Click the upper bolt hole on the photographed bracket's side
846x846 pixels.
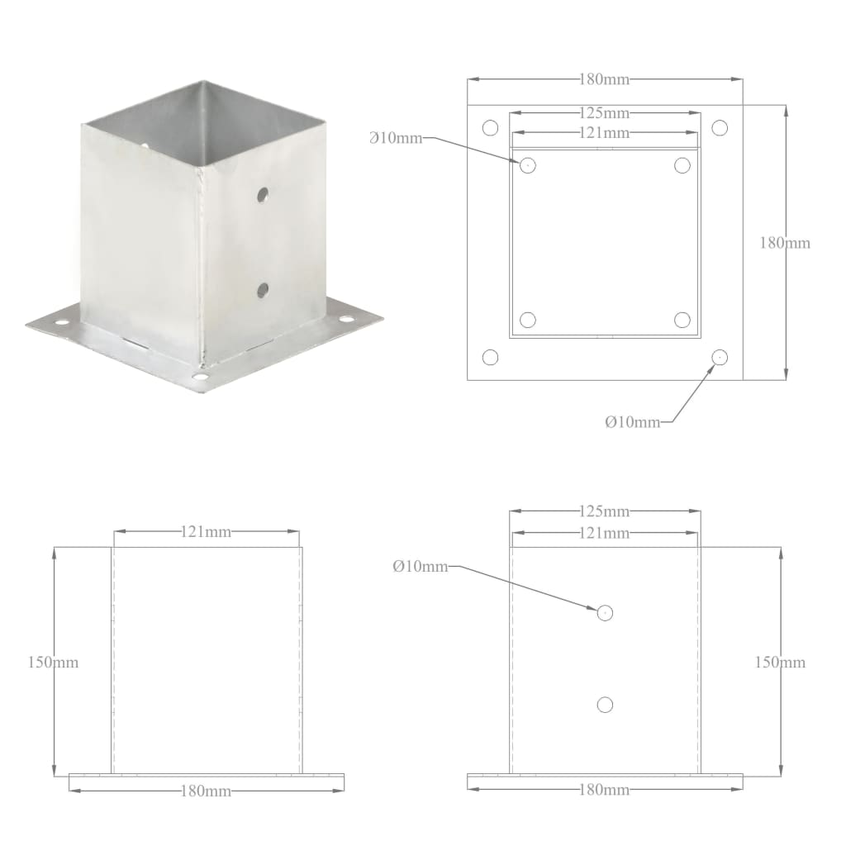tap(262, 195)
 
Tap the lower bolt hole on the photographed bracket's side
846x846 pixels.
tap(263, 289)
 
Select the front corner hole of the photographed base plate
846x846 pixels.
tap(199, 378)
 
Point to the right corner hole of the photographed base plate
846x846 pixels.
tap(345, 319)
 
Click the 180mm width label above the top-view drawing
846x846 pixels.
tap(605, 79)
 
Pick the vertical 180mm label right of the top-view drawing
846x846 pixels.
tap(785, 243)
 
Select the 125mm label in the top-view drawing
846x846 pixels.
tap(605, 112)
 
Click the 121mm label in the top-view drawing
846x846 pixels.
tap(605, 132)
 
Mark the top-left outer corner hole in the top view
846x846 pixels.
tap(490, 128)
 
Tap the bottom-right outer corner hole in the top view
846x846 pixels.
tap(720, 357)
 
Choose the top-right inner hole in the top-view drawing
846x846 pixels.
tap(682, 165)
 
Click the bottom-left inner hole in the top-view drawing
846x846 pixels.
tap(529, 320)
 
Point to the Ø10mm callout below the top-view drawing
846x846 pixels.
tap(633, 422)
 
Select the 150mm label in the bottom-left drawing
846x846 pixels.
tap(54, 662)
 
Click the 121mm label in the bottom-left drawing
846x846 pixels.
tap(206, 531)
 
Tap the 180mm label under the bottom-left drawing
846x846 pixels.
tap(206, 791)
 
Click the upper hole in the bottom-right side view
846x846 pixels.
tap(605, 612)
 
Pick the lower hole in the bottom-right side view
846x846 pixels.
tap(605, 704)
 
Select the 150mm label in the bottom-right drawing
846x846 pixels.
tap(781, 662)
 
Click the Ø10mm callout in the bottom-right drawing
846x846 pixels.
tap(421, 566)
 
